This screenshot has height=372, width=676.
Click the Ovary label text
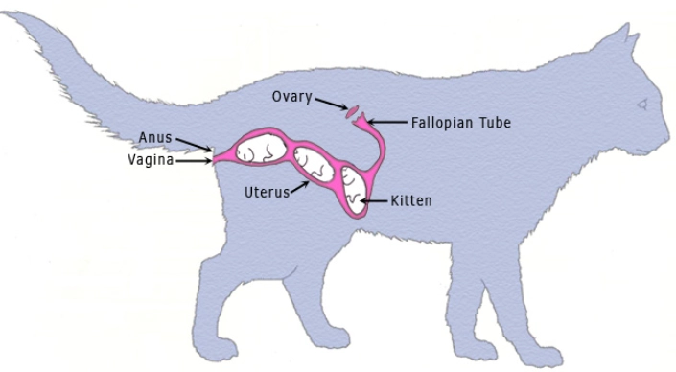(291, 97)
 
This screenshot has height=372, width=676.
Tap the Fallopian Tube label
(460, 123)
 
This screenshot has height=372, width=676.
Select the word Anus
(154, 137)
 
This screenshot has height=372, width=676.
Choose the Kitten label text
(411, 202)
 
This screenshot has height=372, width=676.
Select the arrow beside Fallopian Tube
(387, 123)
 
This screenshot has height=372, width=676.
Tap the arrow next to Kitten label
(375, 201)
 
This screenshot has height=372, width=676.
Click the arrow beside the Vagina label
(196, 160)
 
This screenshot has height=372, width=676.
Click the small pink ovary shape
(352, 112)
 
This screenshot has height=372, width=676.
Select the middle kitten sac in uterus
(315, 164)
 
